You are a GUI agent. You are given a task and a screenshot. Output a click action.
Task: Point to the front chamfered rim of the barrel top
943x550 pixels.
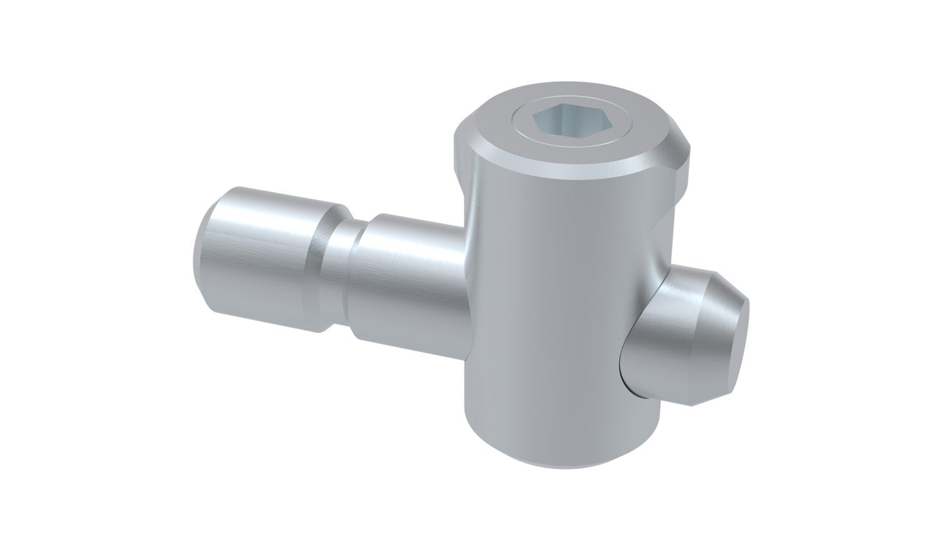click(x=563, y=166)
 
